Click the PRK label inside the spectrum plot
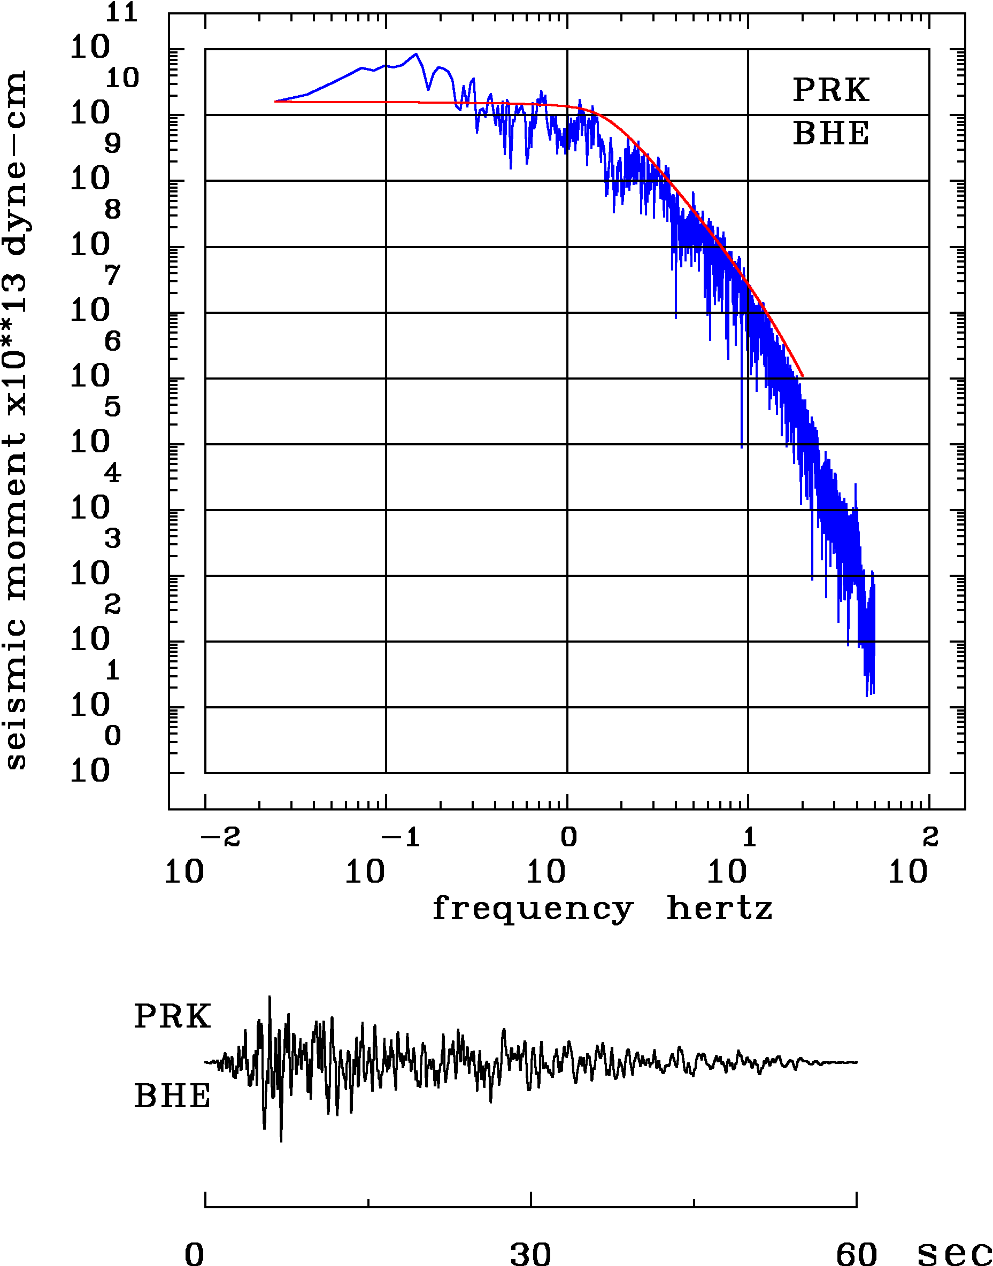point(831,90)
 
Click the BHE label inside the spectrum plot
point(831,133)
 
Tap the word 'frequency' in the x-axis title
point(533,908)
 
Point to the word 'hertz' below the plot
point(719,908)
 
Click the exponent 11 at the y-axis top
point(121,13)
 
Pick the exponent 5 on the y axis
point(113,407)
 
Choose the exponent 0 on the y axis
point(113,736)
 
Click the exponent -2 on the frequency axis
point(220,838)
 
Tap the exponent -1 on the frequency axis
point(401,838)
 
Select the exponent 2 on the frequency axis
point(930,838)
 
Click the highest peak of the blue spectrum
point(415,54)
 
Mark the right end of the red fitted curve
point(802,375)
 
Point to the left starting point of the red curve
point(275,101)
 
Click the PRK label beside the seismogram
point(172,1017)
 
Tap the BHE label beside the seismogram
point(172,1097)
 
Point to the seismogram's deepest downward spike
point(281,1141)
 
